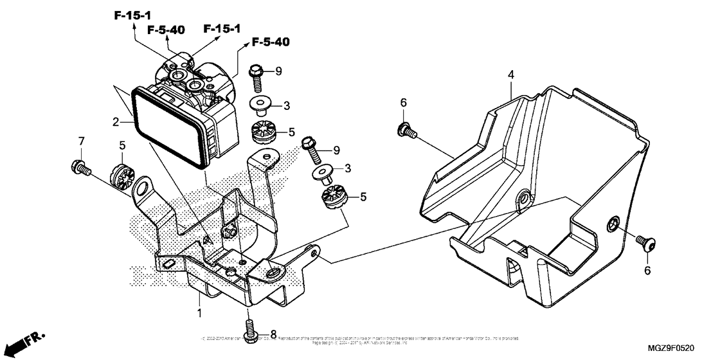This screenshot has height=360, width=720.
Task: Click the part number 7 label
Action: (82, 141)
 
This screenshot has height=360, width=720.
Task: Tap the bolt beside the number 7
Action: (79, 166)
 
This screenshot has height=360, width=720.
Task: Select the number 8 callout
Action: (273, 334)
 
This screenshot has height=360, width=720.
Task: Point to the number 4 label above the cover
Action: (510, 75)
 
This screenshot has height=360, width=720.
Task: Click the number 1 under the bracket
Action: (199, 313)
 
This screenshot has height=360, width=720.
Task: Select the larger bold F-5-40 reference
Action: (270, 42)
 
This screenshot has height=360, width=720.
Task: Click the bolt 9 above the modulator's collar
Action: (256, 75)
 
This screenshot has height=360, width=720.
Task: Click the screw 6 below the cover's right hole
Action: (645, 242)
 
